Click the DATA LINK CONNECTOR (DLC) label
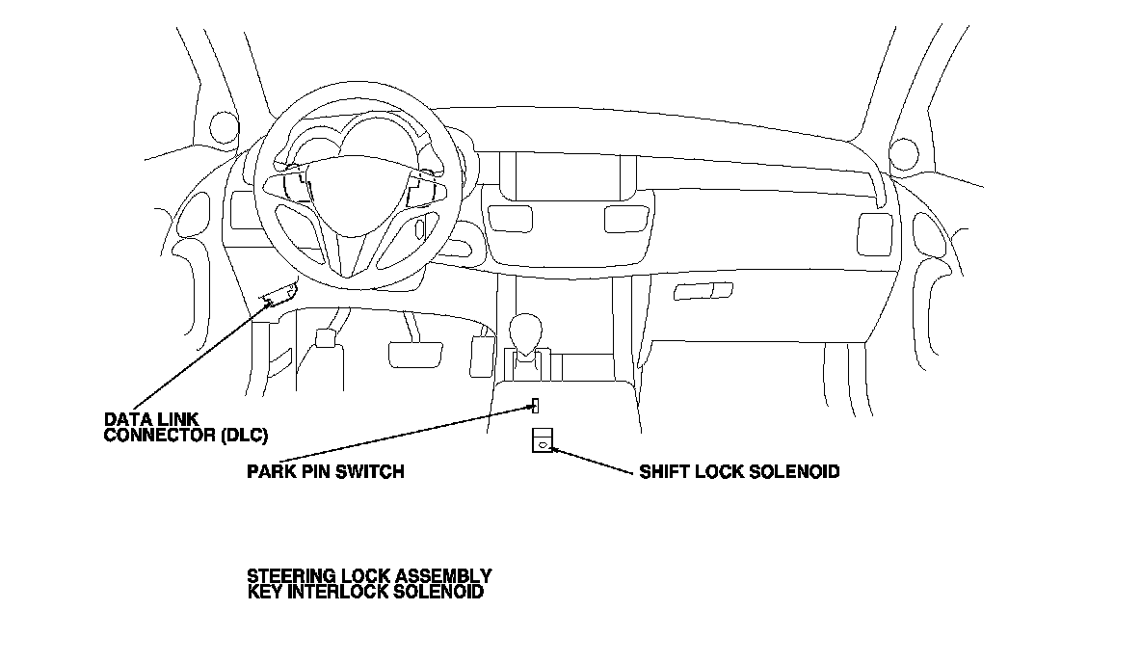pos(185,427)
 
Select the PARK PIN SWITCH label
pos(325,472)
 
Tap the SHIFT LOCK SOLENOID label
pos(739,472)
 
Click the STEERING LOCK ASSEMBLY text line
pos(369,576)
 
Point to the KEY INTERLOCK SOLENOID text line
pos(365,592)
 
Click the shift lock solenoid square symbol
pos(542,439)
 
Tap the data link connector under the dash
pos(278,294)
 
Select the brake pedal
pos(414,352)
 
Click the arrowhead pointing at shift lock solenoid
pos(553,449)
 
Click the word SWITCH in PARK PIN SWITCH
pos(375,472)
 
